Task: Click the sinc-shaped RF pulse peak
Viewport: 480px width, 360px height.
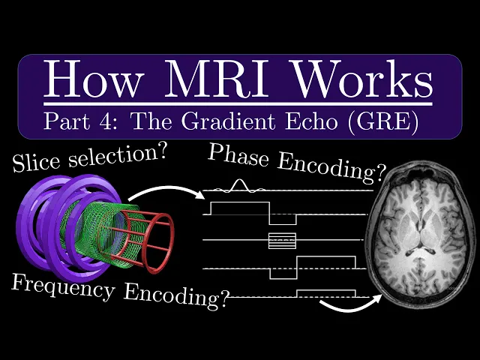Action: [238, 184]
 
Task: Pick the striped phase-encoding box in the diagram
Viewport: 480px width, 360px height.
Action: [283, 241]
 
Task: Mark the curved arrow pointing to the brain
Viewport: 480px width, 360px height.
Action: [346, 305]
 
